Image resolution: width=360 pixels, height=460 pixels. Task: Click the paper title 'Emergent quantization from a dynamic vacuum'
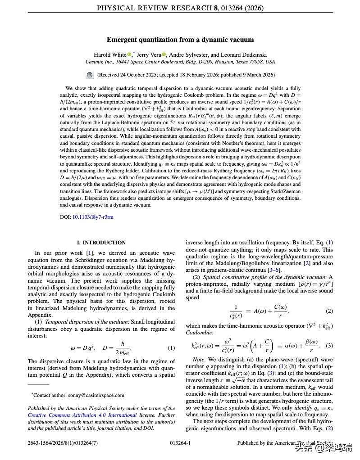[x=180, y=40]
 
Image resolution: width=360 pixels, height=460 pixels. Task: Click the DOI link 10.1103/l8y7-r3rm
[x=93, y=217]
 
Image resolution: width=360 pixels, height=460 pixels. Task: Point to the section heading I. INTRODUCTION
[x=101, y=243]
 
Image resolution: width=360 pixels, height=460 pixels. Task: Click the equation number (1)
[x=171, y=348]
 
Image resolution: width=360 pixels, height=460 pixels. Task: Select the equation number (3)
[x=329, y=346]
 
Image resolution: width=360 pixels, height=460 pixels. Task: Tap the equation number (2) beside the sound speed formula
[x=329, y=311]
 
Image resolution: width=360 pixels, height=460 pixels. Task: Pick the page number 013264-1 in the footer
[x=180, y=443]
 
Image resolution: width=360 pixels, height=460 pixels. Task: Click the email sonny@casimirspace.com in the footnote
[x=96, y=395]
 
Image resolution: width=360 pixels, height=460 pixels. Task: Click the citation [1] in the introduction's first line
[x=90, y=253]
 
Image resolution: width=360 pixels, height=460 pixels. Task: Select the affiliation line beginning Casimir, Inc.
[x=180, y=62]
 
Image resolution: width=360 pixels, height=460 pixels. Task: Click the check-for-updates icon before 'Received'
[x=90, y=75]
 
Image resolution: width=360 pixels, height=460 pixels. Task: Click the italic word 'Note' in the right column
[x=198, y=360]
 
